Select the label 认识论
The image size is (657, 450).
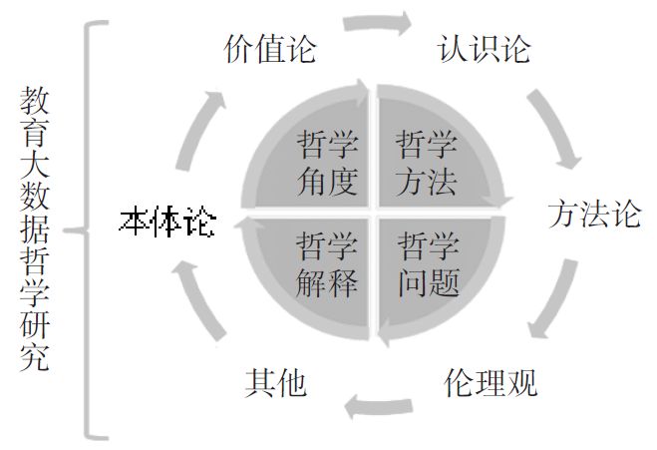(x=485, y=49)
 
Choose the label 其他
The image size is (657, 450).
(x=275, y=383)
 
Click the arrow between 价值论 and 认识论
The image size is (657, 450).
(x=376, y=22)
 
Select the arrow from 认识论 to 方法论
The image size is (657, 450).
(x=554, y=126)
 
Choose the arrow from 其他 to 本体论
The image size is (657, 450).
(x=195, y=299)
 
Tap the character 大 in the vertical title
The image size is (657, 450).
(x=34, y=174)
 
